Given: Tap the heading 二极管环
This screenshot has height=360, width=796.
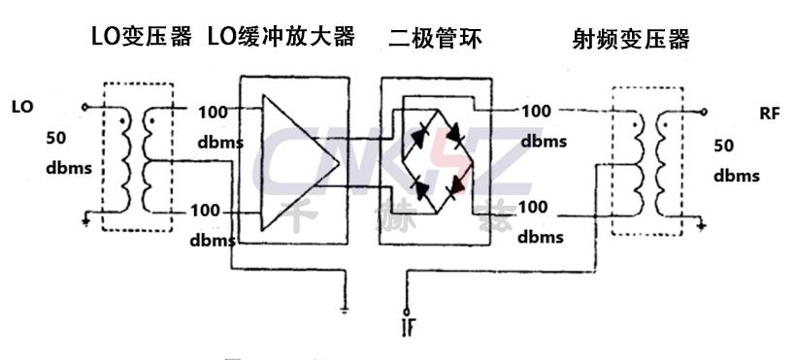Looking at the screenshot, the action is click(435, 39).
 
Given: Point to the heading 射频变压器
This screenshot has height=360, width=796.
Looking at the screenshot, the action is click(632, 39).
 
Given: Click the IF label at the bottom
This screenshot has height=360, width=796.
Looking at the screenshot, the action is click(407, 325).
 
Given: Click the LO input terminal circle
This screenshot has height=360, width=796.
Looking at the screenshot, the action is click(86, 107).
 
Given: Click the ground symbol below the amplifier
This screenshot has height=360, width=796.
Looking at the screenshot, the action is click(347, 310).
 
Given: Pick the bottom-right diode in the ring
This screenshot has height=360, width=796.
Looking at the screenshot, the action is click(452, 181).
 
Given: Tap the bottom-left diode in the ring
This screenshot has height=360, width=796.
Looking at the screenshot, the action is click(419, 182).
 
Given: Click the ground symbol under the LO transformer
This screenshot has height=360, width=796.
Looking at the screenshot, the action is click(86, 222).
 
